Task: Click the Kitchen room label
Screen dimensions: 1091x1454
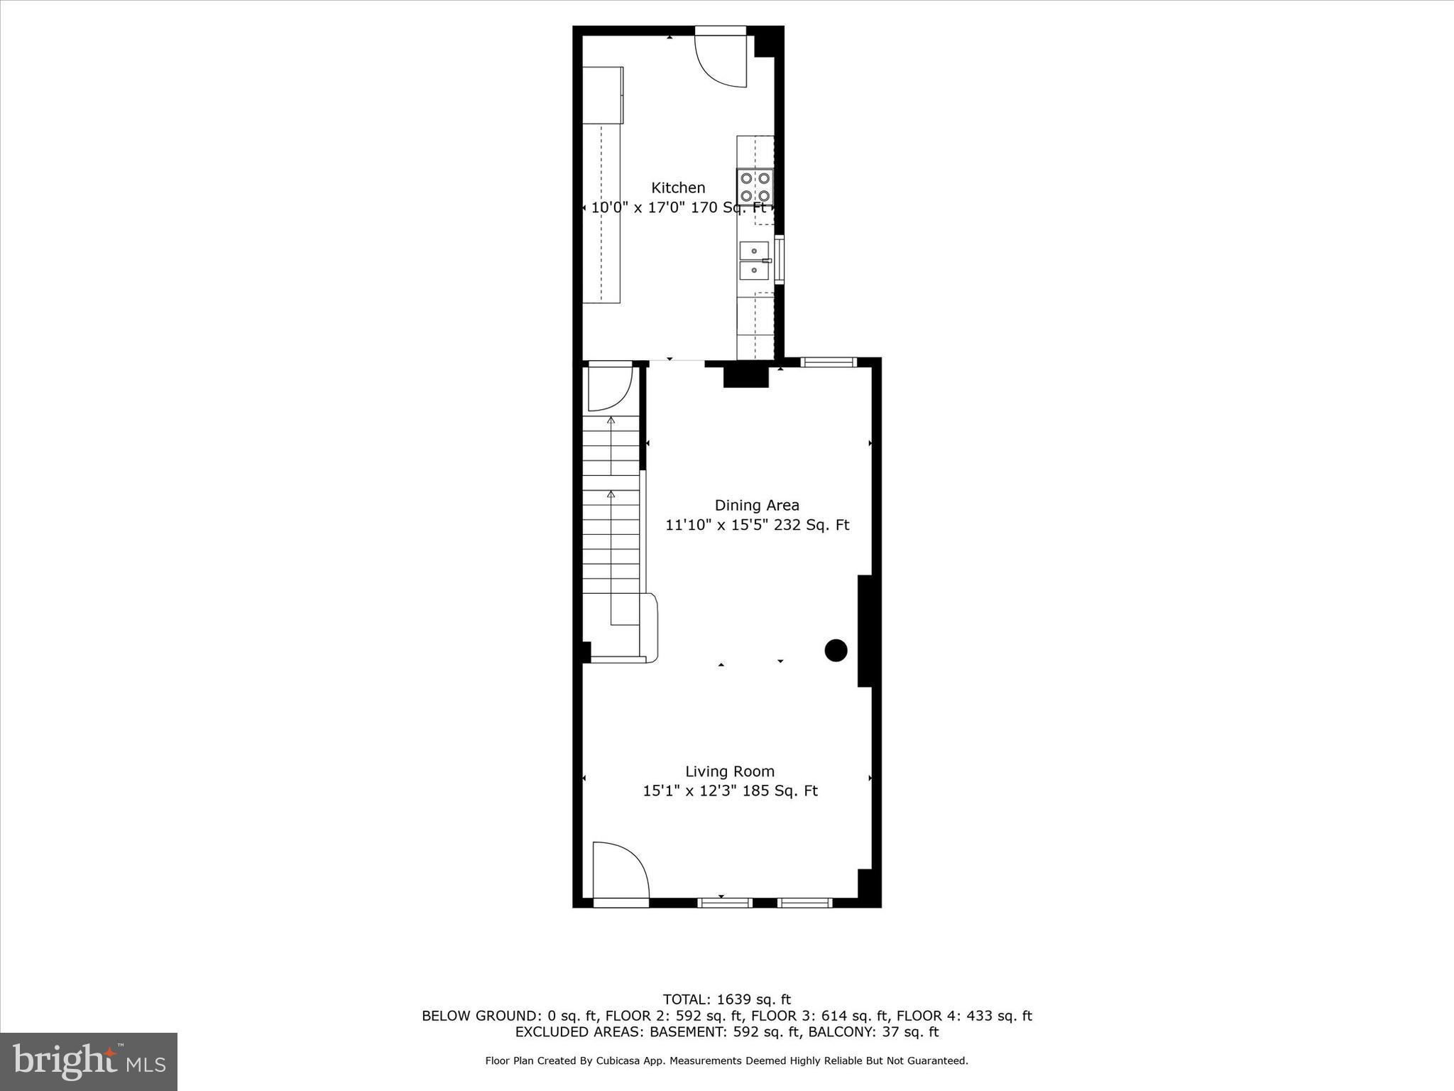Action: click(x=678, y=188)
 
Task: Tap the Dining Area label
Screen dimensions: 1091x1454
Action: click(x=756, y=505)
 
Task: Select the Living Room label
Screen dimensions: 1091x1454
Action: click(x=729, y=771)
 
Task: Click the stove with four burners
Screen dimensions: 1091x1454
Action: click(x=755, y=187)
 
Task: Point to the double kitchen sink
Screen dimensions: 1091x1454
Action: click(x=754, y=261)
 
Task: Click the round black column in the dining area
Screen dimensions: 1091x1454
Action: click(x=836, y=650)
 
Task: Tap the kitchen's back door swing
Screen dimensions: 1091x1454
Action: click(x=721, y=61)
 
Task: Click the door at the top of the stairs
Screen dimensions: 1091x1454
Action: click(x=609, y=388)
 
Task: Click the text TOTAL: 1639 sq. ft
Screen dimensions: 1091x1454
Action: click(x=726, y=999)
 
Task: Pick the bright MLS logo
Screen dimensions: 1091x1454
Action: click(x=89, y=1061)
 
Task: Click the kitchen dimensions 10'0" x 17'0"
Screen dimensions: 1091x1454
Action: click(x=651, y=208)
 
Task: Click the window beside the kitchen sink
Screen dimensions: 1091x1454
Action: click(x=779, y=260)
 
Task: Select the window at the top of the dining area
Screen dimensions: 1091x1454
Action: click(x=829, y=362)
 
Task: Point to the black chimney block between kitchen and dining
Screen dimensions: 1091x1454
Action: click(x=745, y=374)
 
